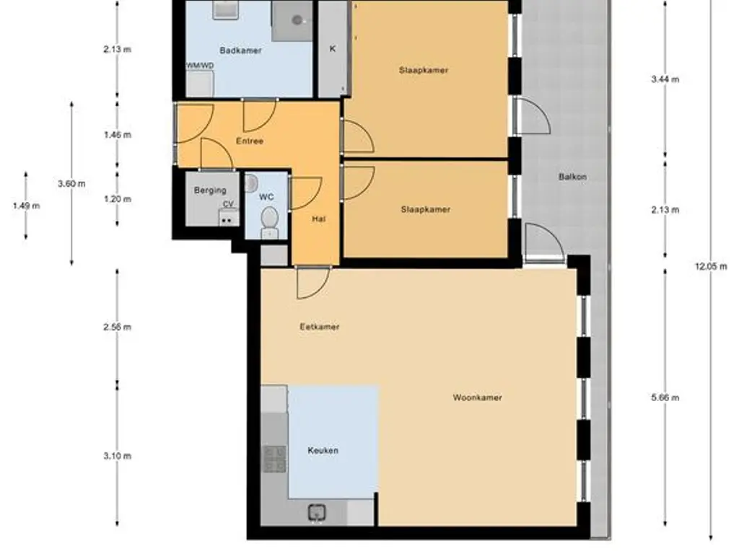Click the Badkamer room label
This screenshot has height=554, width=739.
point(240,50)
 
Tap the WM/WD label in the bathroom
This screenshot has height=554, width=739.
point(200,66)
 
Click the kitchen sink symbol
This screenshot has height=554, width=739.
point(318,513)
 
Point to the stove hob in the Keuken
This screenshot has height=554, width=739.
point(274,459)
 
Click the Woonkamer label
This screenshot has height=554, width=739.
point(478,397)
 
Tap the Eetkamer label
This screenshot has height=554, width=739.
point(320,327)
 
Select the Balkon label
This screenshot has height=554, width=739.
point(572,177)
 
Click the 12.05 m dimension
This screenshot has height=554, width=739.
point(711,266)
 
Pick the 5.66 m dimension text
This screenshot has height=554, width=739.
point(665,397)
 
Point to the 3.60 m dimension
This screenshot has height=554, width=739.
point(71,184)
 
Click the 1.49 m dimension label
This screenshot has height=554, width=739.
point(27,206)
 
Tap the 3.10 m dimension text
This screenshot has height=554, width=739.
point(118,456)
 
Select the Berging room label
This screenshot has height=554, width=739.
point(210,190)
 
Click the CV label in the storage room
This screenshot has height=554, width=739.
point(228,204)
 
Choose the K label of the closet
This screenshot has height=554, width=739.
point(333,48)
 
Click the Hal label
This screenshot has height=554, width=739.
point(318,219)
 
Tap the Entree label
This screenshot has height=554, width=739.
point(250,141)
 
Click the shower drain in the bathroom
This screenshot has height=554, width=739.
point(297,19)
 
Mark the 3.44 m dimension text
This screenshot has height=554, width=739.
point(665,79)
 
